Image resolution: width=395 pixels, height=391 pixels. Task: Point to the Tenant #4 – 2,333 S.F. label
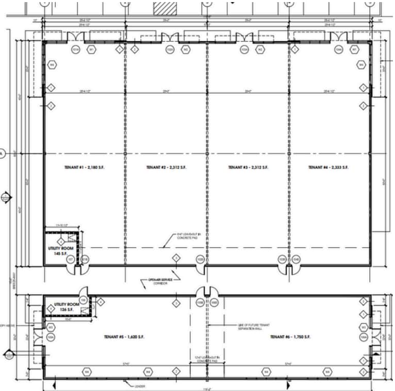[328, 167]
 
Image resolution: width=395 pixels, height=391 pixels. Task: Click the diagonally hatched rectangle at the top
[166, 8]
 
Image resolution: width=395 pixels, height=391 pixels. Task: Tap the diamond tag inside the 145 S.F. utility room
[61, 241]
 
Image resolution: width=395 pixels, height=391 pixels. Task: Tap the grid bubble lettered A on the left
[2, 154]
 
